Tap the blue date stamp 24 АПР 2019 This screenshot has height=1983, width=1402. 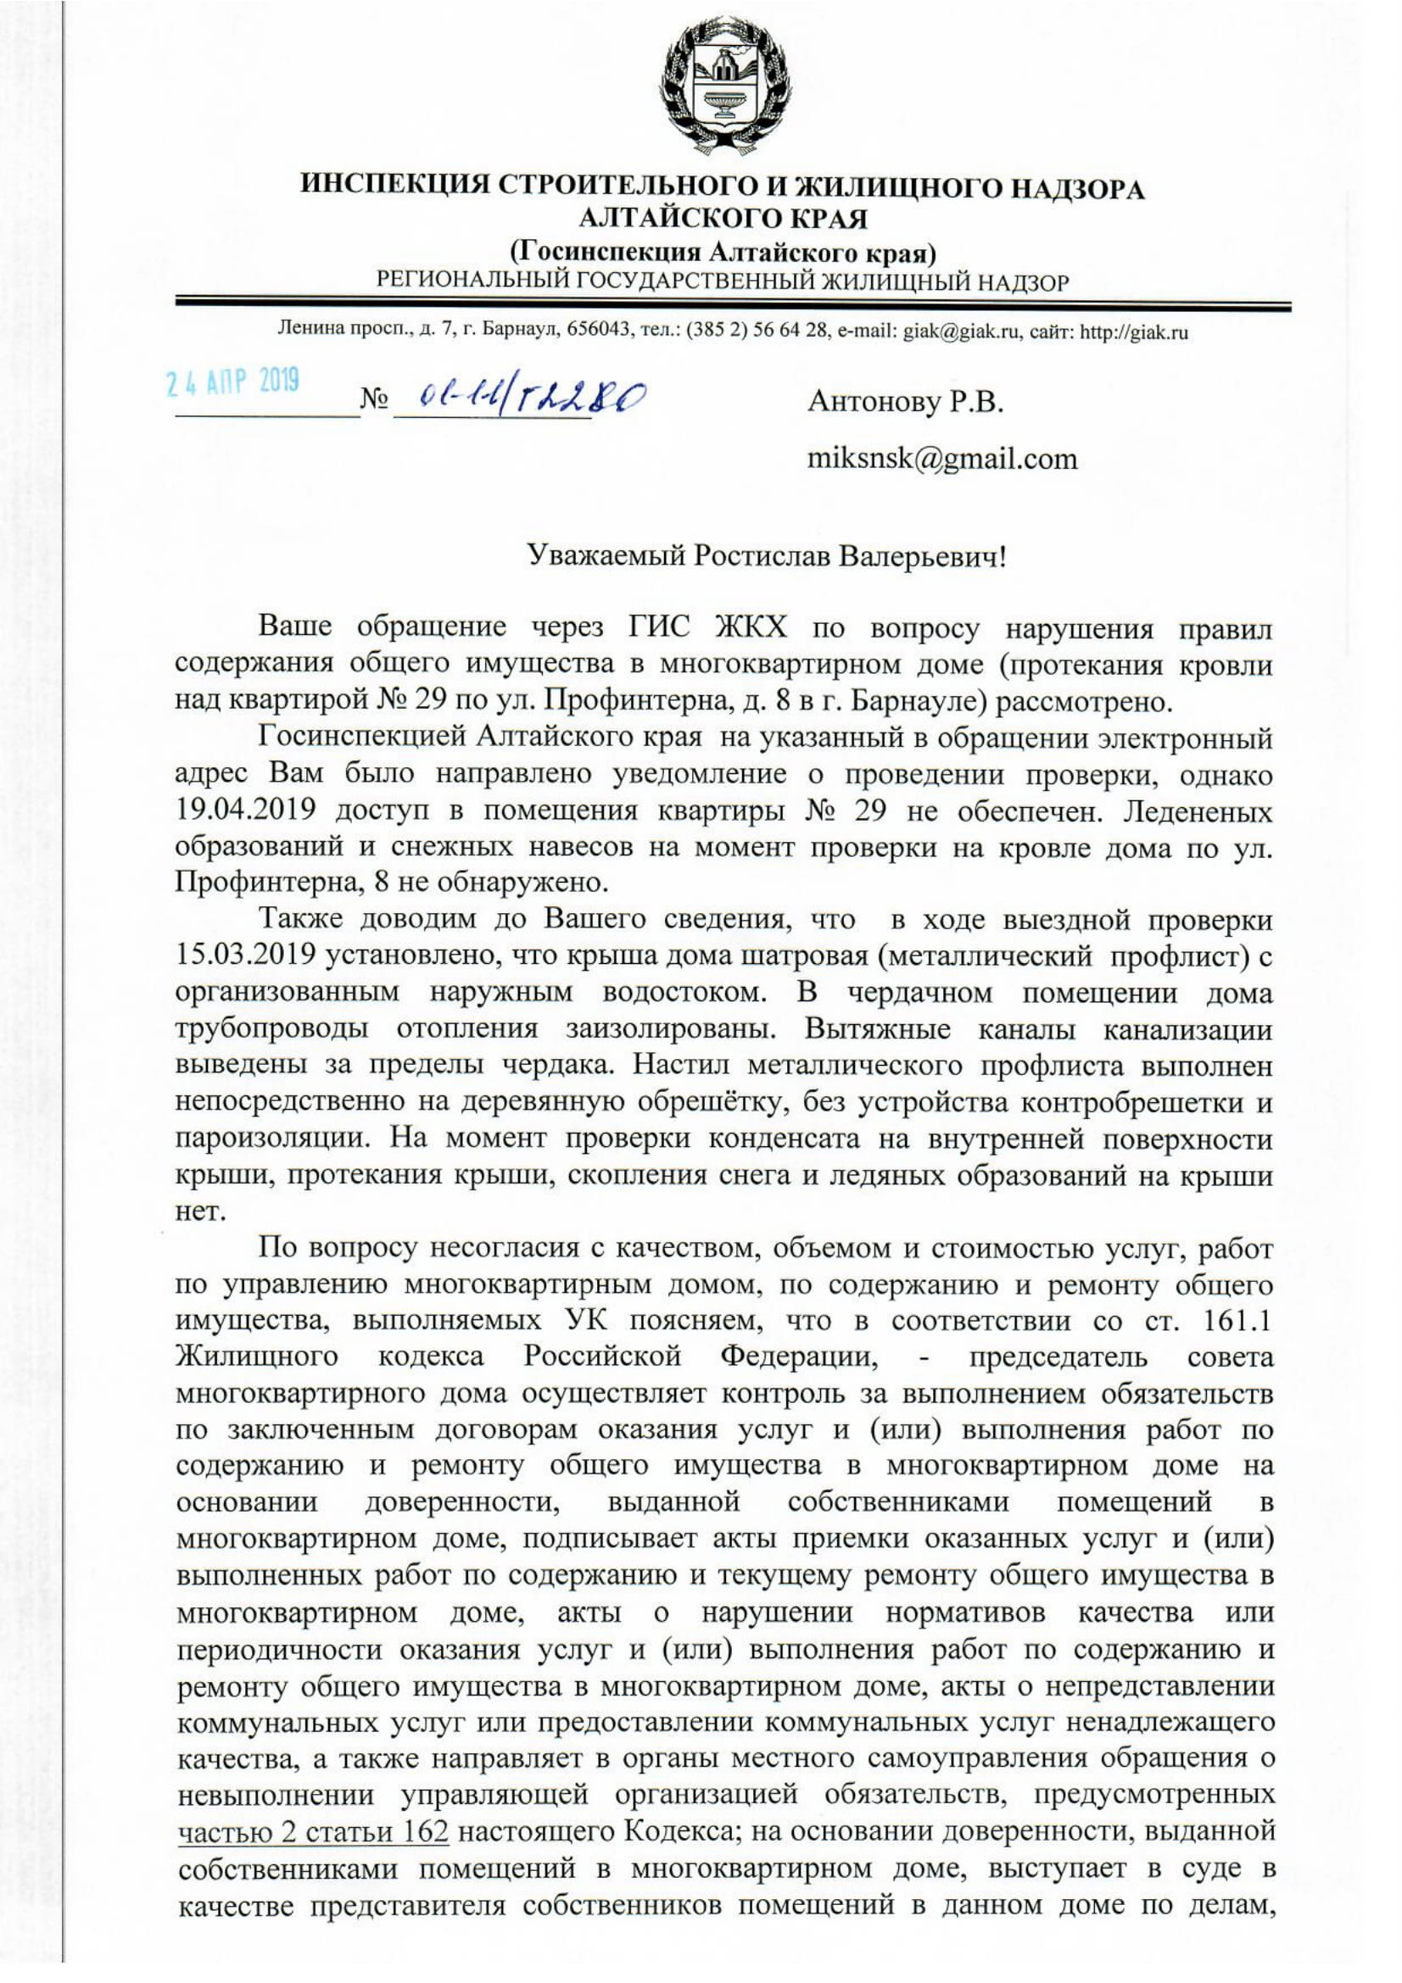click(233, 381)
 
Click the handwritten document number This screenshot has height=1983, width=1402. click(532, 397)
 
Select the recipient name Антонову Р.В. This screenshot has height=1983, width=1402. click(905, 402)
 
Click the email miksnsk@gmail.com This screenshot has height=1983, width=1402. click(941, 458)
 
